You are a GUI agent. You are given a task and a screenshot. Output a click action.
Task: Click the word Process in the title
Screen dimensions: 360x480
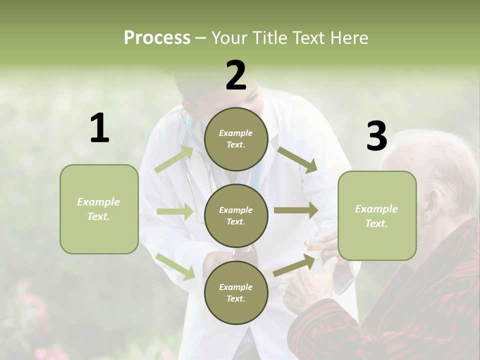pos(157,37)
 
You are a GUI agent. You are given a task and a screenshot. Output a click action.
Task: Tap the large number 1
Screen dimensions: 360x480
pos(99,128)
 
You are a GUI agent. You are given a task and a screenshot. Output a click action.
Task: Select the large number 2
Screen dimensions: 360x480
pos(236,75)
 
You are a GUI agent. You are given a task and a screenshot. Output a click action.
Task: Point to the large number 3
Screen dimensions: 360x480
pos(376,136)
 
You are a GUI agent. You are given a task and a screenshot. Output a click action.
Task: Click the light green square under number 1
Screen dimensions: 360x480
pos(99,209)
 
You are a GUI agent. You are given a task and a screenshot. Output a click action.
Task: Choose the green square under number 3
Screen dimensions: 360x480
pos(377,216)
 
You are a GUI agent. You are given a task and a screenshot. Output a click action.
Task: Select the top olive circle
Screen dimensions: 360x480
pos(236,139)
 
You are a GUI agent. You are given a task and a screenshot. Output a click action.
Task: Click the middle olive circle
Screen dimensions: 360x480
pos(236,215)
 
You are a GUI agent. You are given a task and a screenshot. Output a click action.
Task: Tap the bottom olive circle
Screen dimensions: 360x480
pos(236,292)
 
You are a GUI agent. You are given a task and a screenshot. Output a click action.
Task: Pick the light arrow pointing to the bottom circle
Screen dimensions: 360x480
pos(175,266)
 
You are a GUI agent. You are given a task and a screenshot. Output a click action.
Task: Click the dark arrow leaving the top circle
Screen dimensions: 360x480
pos(297,160)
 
